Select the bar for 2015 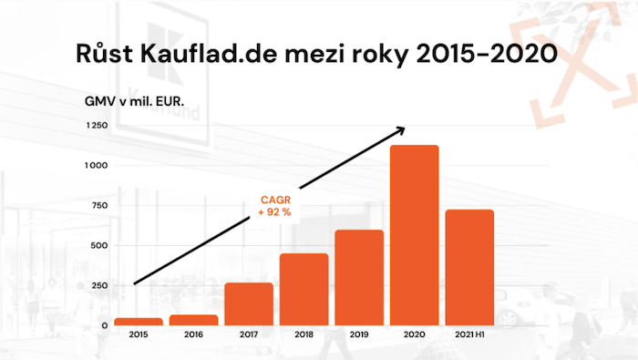(139, 321)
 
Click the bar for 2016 (194, 320)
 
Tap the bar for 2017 (249, 303)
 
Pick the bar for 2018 (304, 289)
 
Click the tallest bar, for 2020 (414, 235)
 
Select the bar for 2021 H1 (468, 267)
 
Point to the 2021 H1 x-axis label (468, 336)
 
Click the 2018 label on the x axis (304, 336)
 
